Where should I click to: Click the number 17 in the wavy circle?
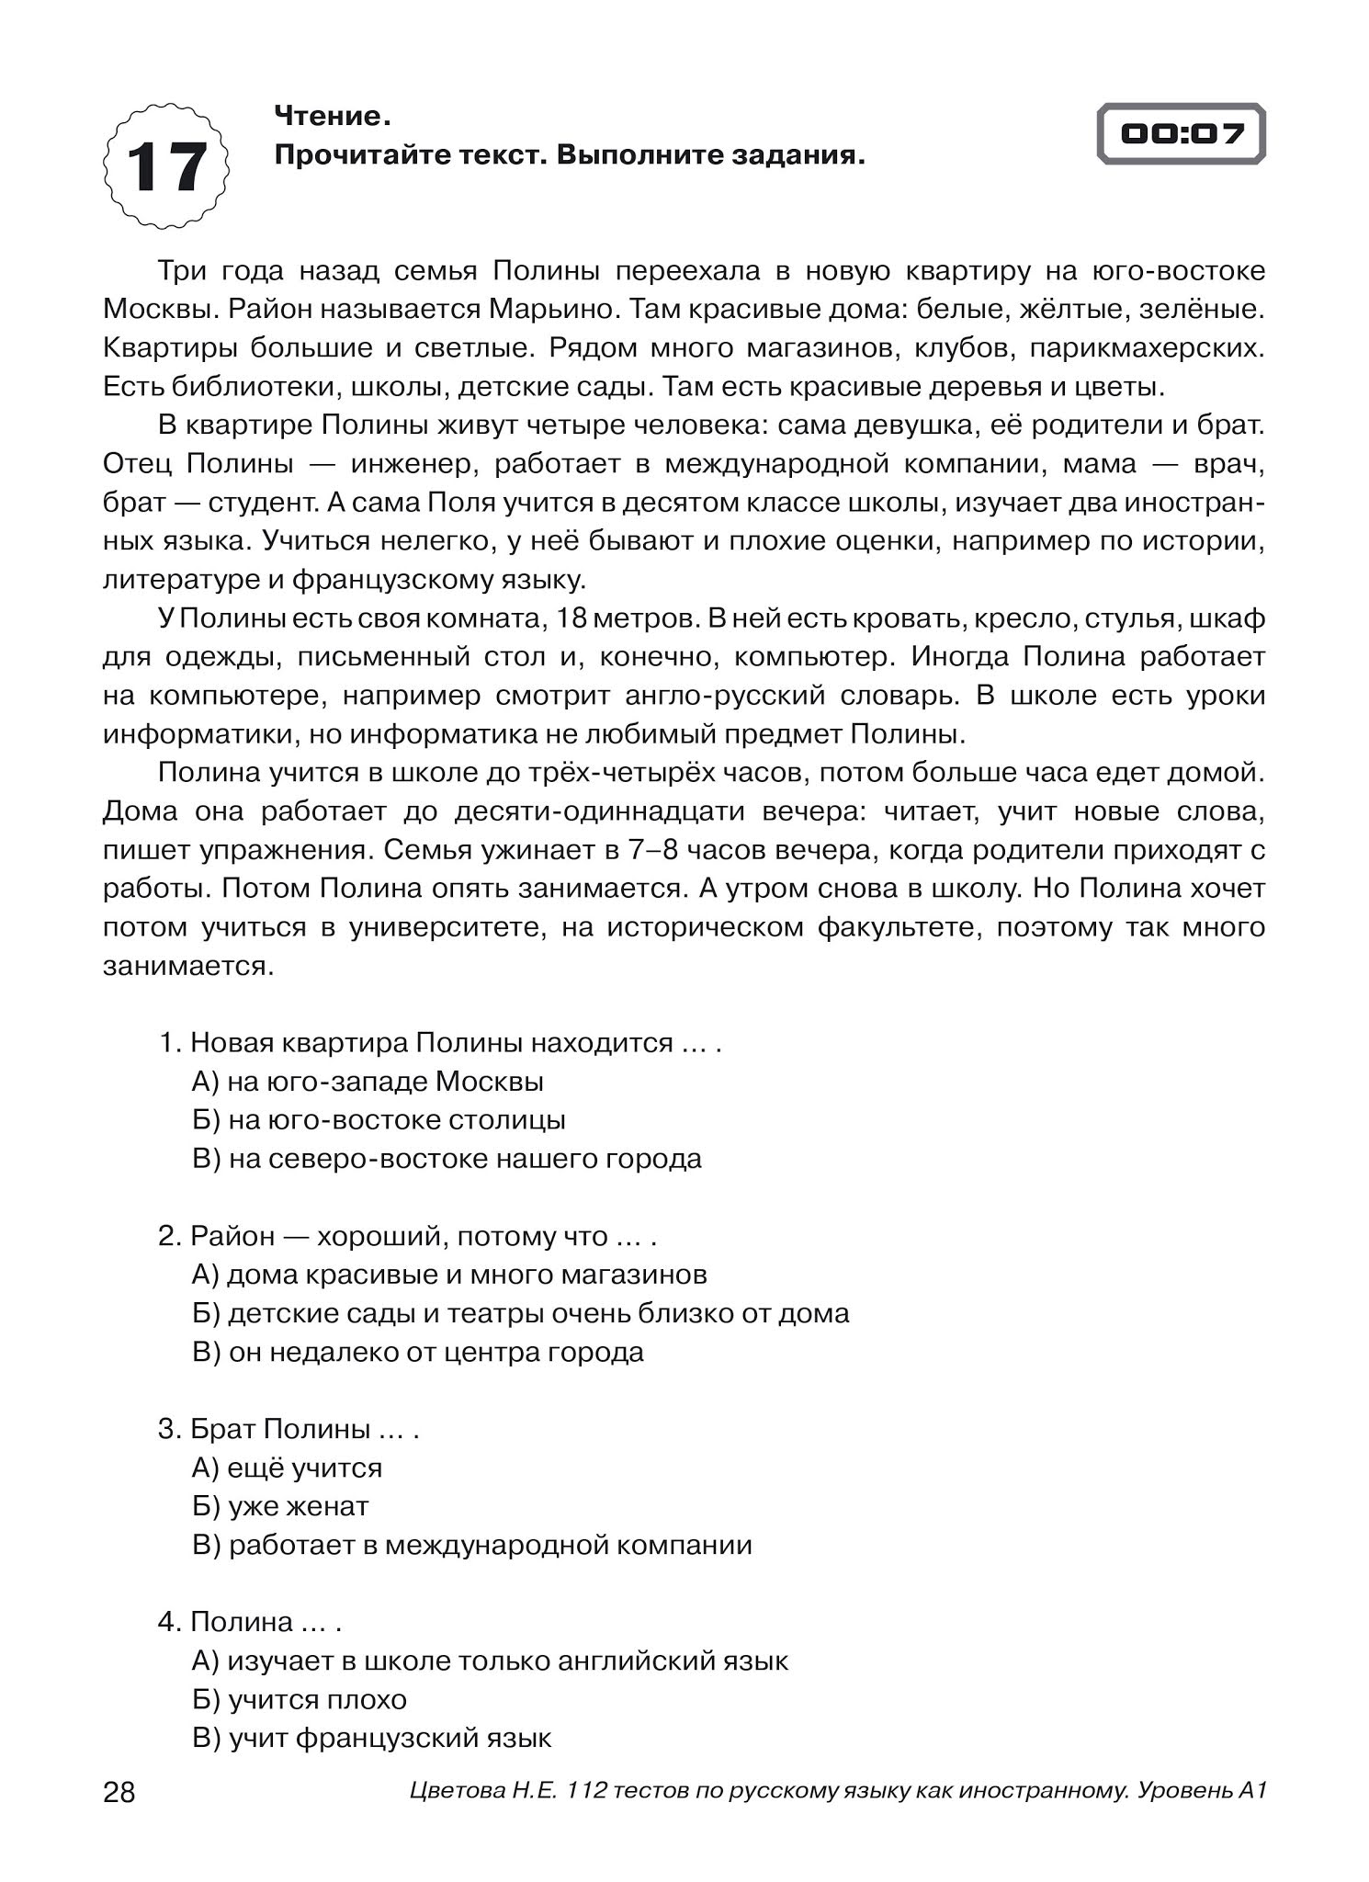pyautogui.click(x=166, y=167)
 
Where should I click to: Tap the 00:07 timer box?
pyautogui.click(x=1182, y=134)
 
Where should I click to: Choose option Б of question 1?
pyautogui.click(x=379, y=1120)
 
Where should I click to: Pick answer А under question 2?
pyautogui.click(x=449, y=1275)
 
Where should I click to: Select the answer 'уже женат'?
pyautogui.click(x=280, y=1506)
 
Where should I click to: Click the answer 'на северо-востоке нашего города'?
pyautogui.click(x=447, y=1159)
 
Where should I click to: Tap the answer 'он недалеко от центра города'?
pyautogui.click(x=418, y=1352)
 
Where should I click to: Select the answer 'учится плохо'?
pyautogui.click(x=300, y=1699)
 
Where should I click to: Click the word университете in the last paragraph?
pyautogui.click(x=447, y=927)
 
